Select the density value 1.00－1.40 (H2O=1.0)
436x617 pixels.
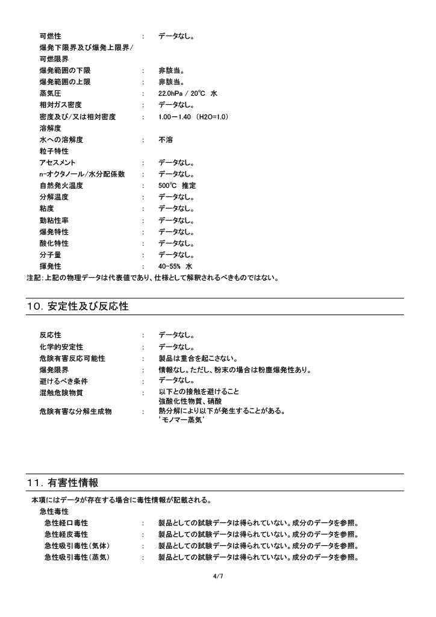pos(193,116)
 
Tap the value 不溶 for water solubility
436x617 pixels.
pos(166,140)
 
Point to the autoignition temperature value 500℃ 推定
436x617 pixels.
pos(177,186)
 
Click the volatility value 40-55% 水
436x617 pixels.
pos(175,266)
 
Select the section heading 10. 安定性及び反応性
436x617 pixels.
pos(78,307)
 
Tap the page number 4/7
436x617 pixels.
pos(218,576)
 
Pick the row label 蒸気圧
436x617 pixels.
pos(50,93)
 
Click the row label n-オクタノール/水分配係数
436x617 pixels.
pos(82,174)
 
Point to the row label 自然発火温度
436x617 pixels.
pos(61,186)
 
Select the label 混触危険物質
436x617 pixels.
pos(61,393)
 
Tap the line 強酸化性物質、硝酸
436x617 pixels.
pos(190,401)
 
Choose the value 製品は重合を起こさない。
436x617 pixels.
pos(198,359)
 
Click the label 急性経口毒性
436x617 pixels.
pos(66,523)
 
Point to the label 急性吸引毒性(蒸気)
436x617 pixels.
pos(77,557)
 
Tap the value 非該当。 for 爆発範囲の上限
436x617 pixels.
pos(172,82)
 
